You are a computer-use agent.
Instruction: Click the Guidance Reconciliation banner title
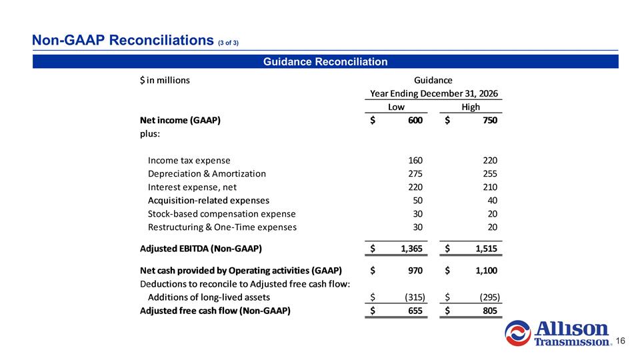325,62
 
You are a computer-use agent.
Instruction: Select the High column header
471,107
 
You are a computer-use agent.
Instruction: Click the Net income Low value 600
415,121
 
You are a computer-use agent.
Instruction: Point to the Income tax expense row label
189,160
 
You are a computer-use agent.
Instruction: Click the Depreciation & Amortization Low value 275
415,173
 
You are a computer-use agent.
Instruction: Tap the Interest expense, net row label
192,187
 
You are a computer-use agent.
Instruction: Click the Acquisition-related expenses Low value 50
417,200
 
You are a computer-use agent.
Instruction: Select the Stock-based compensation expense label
221,213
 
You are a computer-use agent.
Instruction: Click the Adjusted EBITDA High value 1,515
484,249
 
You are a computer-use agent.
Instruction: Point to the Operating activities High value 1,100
484,270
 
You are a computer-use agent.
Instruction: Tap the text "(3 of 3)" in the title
228,43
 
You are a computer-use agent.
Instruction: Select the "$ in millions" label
164,81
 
